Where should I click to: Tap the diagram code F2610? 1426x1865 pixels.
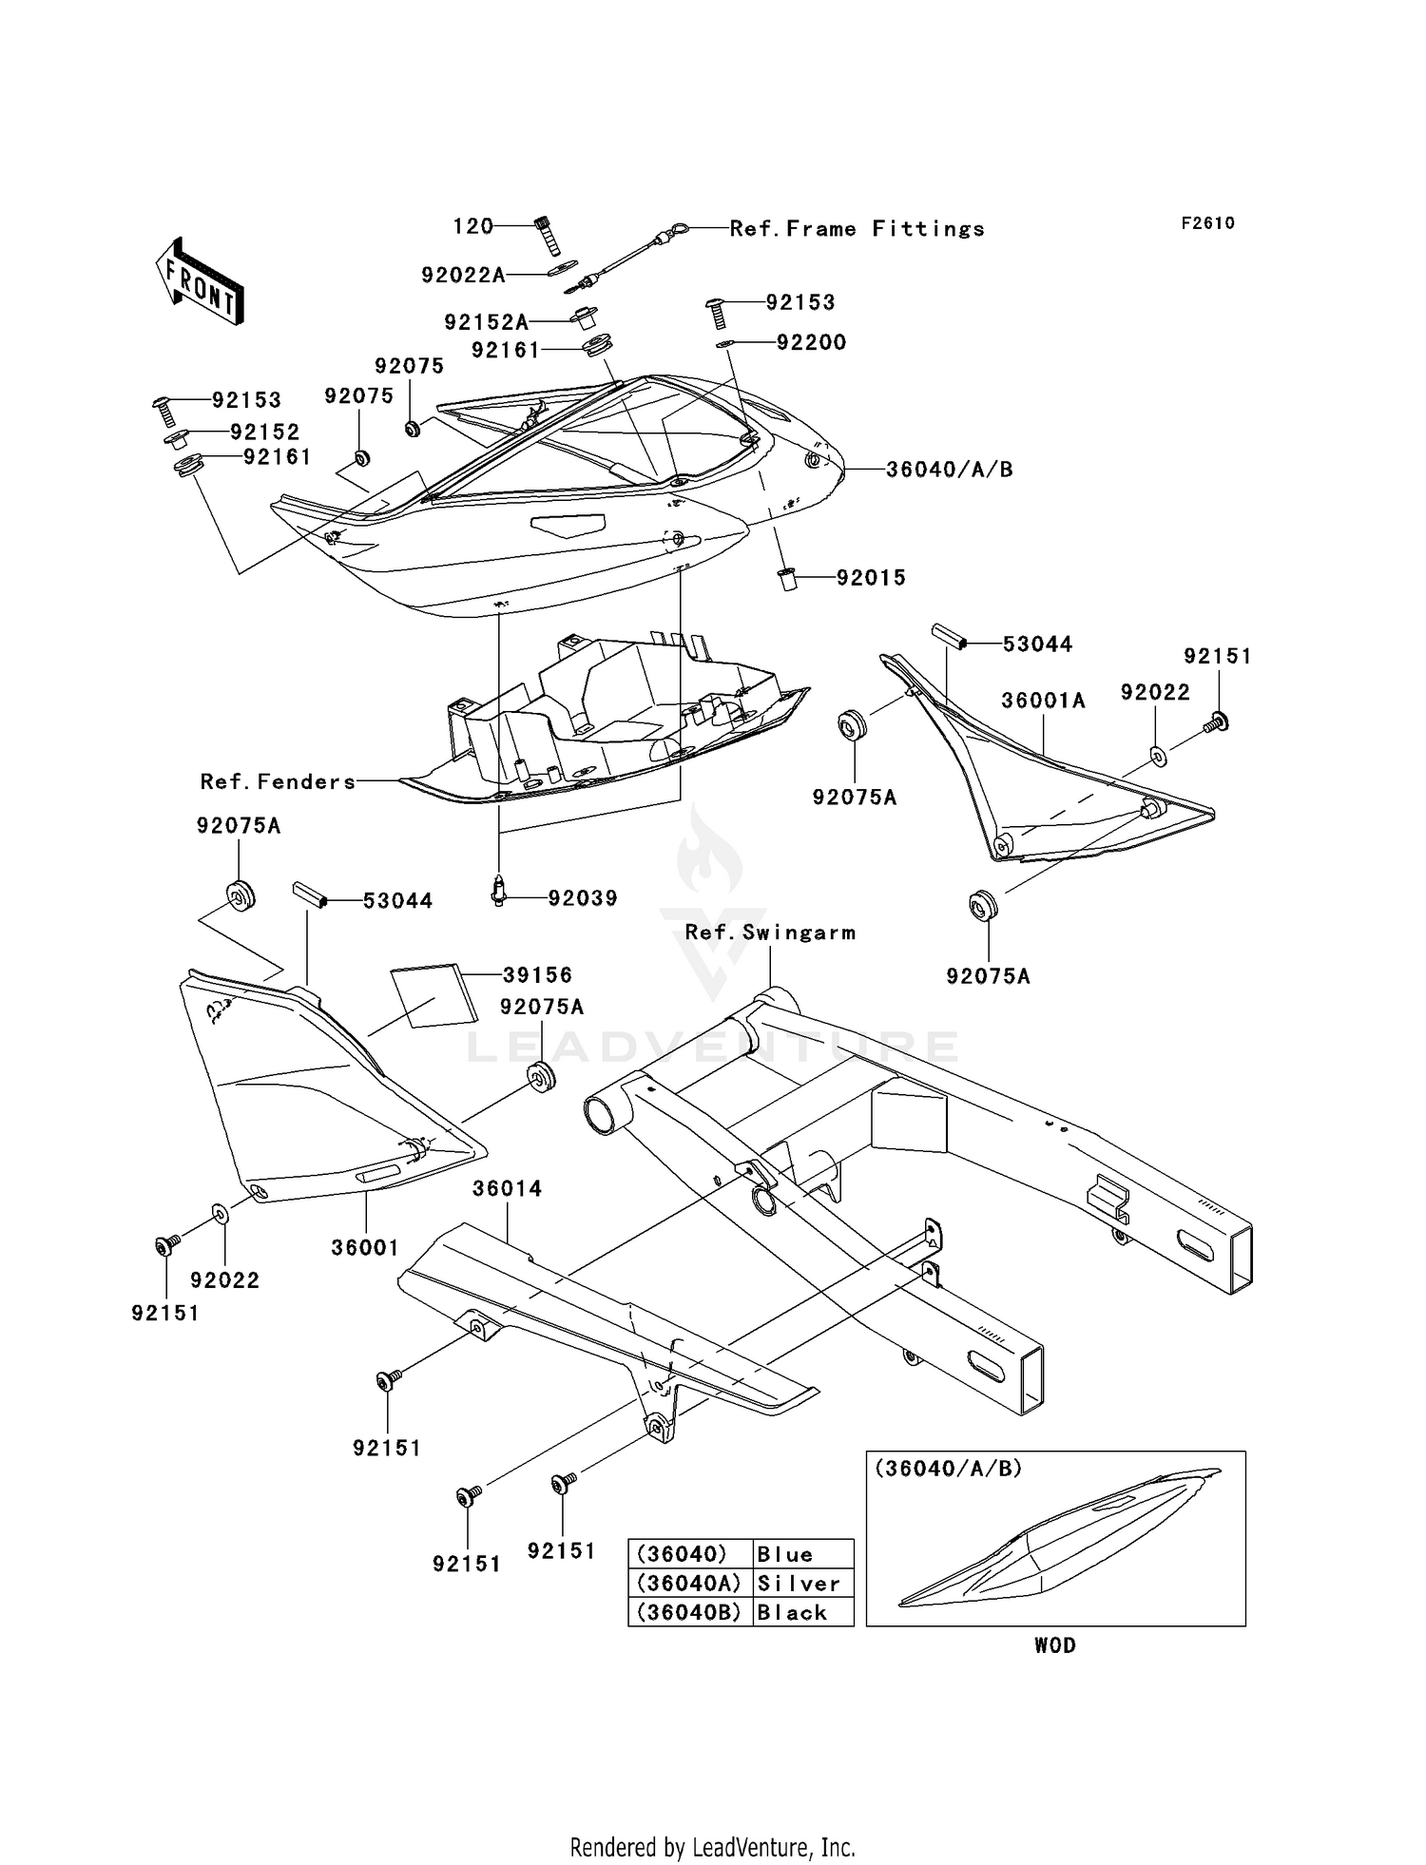(1207, 223)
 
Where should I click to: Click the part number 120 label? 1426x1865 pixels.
(472, 226)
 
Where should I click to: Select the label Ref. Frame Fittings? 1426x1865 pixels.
(857, 229)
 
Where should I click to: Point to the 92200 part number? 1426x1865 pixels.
(811, 342)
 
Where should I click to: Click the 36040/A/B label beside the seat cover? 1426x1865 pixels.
(949, 470)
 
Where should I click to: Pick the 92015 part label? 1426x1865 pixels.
(871, 578)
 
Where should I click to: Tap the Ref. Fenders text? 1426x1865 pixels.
(278, 782)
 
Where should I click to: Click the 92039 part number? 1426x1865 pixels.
(582, 898)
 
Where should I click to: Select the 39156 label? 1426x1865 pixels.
(537, 975)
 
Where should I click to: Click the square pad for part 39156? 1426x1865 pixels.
(434, 996)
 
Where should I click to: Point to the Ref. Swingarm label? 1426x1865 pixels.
(770, 932)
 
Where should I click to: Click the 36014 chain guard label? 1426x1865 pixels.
(508, 1188)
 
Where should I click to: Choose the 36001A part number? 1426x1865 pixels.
(1043, 701)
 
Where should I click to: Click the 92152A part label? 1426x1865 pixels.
(486, 322)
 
